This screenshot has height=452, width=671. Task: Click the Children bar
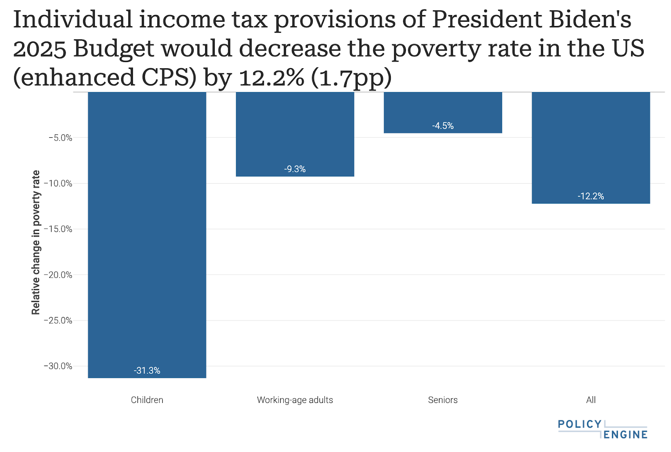[147, 235]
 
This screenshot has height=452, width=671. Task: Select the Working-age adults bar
[295, 134]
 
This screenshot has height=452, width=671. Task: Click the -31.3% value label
[147, 370]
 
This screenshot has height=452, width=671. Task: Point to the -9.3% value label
[295, 169]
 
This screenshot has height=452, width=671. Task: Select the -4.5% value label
[443, 126]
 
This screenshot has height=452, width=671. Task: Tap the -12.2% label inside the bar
[590, 196]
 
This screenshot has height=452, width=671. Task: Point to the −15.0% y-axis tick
[58, 229]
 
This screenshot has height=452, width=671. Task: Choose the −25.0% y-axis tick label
[58, 320]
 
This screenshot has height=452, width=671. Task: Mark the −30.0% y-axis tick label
[58, 366]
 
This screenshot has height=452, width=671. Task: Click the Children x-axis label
[147, 400]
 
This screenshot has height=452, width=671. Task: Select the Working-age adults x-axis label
[295, 400]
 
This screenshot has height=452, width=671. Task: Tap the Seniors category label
[443, 400]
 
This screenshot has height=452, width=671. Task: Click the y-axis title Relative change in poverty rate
[36, 242]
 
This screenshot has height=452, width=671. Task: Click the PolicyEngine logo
[603, 429]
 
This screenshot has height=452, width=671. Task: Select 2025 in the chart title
[40, 49]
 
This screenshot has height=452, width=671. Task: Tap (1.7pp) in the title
[351, 78]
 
